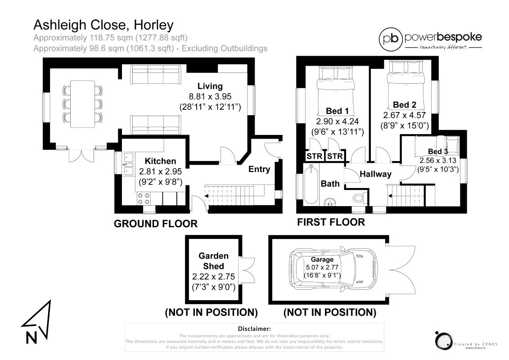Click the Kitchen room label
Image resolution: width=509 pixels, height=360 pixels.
(x=160, y=161)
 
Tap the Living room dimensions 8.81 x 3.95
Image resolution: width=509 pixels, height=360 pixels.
(x=210, y=96)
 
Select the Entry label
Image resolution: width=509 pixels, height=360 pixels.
(x=259, y=169)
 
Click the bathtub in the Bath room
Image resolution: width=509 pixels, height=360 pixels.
(x=311, y=184)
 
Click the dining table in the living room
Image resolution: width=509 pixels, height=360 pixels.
(x=82, y=104)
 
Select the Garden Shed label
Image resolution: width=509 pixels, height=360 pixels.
(x=213, y=261)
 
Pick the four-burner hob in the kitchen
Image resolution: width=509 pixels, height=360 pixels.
(x=144, y=198)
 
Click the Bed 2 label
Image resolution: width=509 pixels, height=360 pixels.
(x=405, y=104)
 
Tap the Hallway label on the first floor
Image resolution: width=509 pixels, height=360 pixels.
(x=376, y=174)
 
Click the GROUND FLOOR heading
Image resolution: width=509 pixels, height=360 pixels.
(x=156, y=224)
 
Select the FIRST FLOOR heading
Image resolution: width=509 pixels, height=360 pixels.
(x=331, y=222)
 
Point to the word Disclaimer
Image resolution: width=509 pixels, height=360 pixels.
(x=254, y=329)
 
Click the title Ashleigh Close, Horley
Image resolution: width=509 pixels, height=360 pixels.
(x=104, y=25)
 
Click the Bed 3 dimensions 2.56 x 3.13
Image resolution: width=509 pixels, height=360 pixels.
(x=437, y=160)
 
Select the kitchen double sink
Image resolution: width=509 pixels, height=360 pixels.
(x=129, y=164)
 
